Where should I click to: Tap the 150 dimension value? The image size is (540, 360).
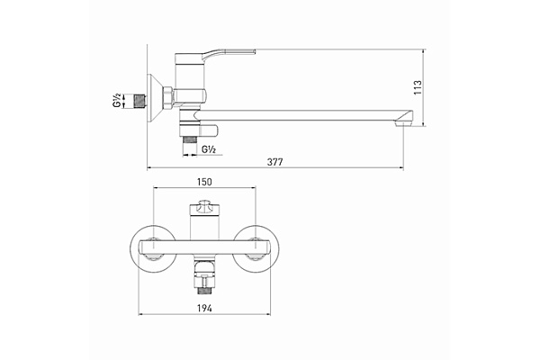pos(204,182)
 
